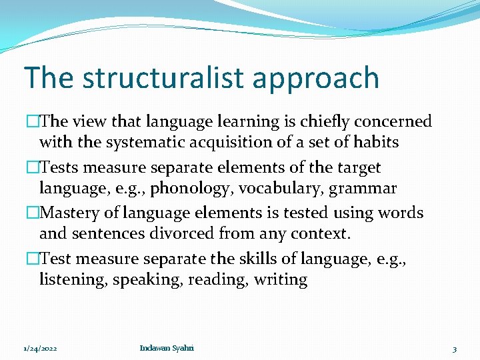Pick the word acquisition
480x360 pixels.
click(244, 142)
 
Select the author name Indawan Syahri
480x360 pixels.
click(167, 348)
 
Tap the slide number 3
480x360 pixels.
click(454, 349)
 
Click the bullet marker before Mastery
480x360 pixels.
click(33, 213)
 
